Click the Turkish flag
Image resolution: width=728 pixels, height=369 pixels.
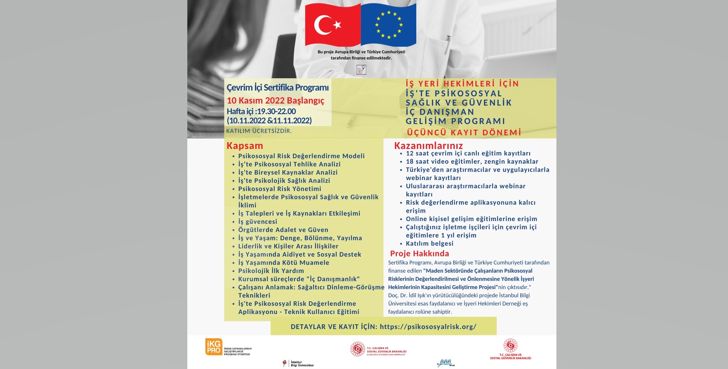click(x=333, y=25)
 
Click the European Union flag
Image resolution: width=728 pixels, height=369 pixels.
click(x=389, y=25)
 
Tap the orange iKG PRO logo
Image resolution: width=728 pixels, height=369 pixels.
click(x=214, y=347)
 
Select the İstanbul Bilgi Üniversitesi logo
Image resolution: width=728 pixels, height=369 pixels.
click(x=298, y=363)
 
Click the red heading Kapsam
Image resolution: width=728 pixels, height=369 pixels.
click(x=245, y=146)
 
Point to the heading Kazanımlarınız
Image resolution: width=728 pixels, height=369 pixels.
click(x=428, y=146)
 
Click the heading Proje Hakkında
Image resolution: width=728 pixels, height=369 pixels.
click(x=419, y=254)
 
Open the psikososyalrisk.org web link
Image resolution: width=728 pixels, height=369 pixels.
click(x=428, y=327)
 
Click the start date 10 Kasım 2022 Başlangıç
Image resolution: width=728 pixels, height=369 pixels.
click(x=275, y=100)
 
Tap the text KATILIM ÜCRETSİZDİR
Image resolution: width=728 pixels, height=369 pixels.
click(x=259, y=131)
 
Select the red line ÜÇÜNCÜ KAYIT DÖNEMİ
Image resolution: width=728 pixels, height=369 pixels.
click(x=464, y=133)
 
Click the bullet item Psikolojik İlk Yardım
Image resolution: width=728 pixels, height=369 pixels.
click(x=271, y=271)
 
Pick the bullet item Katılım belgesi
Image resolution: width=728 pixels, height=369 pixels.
click(x=429, y=244)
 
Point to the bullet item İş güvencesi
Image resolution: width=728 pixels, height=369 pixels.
click(x=257, y=222)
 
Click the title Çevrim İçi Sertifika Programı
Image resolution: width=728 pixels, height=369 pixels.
click(x=278, y=87)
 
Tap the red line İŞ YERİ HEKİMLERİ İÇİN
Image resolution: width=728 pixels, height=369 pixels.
click(x=462, y=84)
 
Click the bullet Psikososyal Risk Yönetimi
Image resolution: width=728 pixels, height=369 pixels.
click(x=280, y=189)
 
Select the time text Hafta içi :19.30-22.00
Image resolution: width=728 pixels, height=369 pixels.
click(x=261, y=111)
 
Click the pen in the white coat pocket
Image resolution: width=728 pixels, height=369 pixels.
click(x=447, y=44)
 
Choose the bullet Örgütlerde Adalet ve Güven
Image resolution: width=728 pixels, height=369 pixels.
click(x=283, y=230)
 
